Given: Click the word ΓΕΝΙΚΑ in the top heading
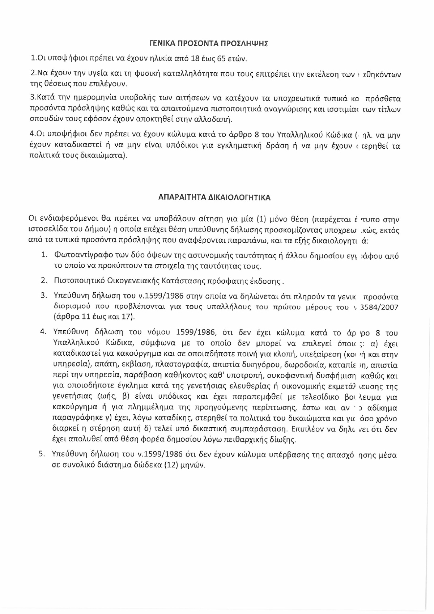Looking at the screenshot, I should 162,44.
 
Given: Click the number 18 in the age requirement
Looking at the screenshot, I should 197,59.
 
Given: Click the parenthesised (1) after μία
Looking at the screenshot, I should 261,219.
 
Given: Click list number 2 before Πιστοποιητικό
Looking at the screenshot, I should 43,281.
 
